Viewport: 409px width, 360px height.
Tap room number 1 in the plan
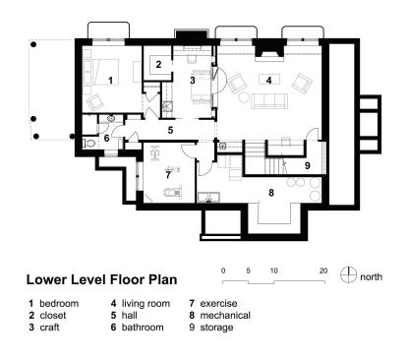coord(111,79)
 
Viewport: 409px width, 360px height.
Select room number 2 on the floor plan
coord(158,65)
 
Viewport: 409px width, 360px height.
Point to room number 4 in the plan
coord(266,79)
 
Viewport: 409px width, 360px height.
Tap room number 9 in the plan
coord(307,165)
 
